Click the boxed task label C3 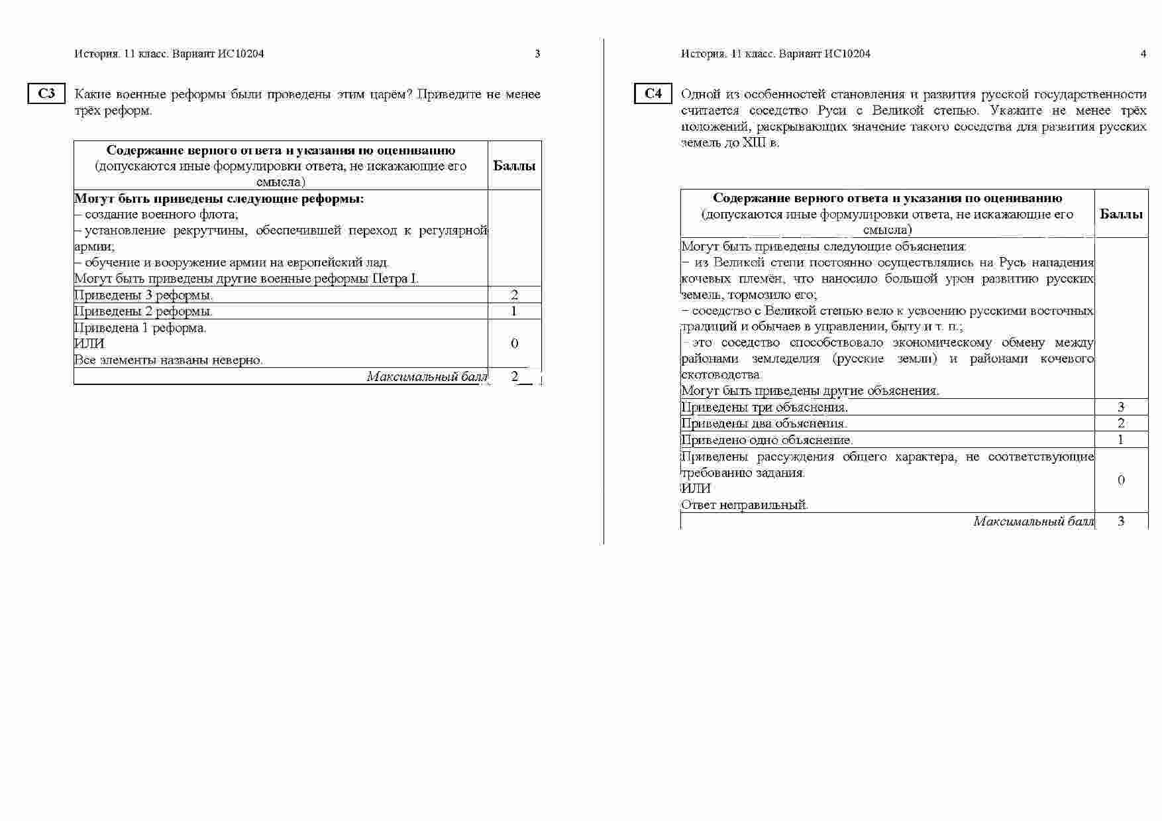pyautogui.click(x=46, y=94)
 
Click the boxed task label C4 pyautogui.click(x=653, y=94)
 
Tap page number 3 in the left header pyautogui.click(x=537, y=54)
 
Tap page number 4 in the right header pyautogui.click(x=1143, y=54)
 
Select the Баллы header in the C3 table pyautogui.click(x=514, y=166)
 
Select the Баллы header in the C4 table pyautogui.click(x=1121, y=214)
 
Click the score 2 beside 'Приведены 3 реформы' pyautogui.click(x=514, y=295)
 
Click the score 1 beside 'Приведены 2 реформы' pyautogui.click(x=514, y=311)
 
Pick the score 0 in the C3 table pyautogui.click(x=514, y=343)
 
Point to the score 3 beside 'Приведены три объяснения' pyautogui.click(x=1121, y=407)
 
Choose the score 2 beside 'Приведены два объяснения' pyautogui.click(x=1121, y=423)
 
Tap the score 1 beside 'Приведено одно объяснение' pyautogui.click(x=1121, y=439)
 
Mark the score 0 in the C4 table pyautogui.click(x=1121, y=480)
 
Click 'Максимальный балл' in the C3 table pyautogui.click(x=427, y=376)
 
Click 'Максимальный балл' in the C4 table pyautogui.click(x=1033, y=521)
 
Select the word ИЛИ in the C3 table pyautogui.click(x=89, y=344)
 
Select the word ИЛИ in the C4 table pyautogui.click(x=696, y=488)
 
